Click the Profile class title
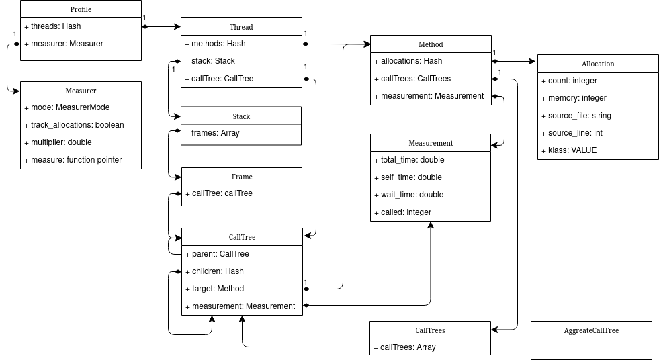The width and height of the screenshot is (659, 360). pyautogui.click(x=81, y=9)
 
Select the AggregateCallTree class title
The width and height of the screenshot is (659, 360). pyautogui.click(x=591, y=330)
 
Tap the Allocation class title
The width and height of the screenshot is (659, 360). pyautogui.click(x=598, y=64)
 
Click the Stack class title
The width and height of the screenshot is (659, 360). pyautogui.click(x=241, y=116)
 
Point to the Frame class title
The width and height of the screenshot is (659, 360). pyautogui.click(x=241, y=177)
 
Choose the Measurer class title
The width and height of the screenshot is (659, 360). pyautogui.click(x=81, y=91)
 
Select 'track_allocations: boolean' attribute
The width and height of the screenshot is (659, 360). pyautogui.click(x=77, y=125)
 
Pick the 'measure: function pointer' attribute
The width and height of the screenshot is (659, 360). pyautogui.click(x=76, y=160)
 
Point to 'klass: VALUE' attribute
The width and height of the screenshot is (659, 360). pyautogui.click(x=572, y=150)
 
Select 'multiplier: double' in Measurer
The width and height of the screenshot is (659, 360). pyautogui.click(x=61, y=142)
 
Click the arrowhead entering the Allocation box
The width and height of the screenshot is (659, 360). pyautogui.click(x=533, y=61)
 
